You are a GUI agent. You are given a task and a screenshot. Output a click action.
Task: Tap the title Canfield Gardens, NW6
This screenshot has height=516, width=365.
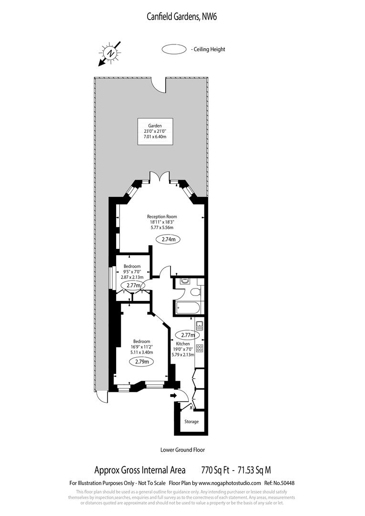(x=182, y=17)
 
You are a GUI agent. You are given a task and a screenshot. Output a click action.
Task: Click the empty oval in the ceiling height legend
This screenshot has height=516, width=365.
(x=175, y=49)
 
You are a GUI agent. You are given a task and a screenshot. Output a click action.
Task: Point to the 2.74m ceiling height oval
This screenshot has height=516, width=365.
(x=168, y=239)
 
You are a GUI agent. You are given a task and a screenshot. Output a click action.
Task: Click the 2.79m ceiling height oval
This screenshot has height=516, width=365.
(x=142, y=362)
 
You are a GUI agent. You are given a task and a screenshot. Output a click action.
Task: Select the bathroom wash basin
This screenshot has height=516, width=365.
(x=183, y=282)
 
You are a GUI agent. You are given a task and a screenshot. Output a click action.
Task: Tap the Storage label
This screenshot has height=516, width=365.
(x=192, y=421)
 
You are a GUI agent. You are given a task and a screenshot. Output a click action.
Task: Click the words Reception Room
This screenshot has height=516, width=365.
(x=162, y=216)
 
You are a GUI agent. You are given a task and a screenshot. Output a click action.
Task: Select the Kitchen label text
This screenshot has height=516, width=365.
(x=183, y=344)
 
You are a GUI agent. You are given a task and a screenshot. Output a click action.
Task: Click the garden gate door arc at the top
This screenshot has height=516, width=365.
(x=160, y=85)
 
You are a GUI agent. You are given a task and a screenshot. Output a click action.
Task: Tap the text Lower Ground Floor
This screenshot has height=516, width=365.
(x=182, y=450)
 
